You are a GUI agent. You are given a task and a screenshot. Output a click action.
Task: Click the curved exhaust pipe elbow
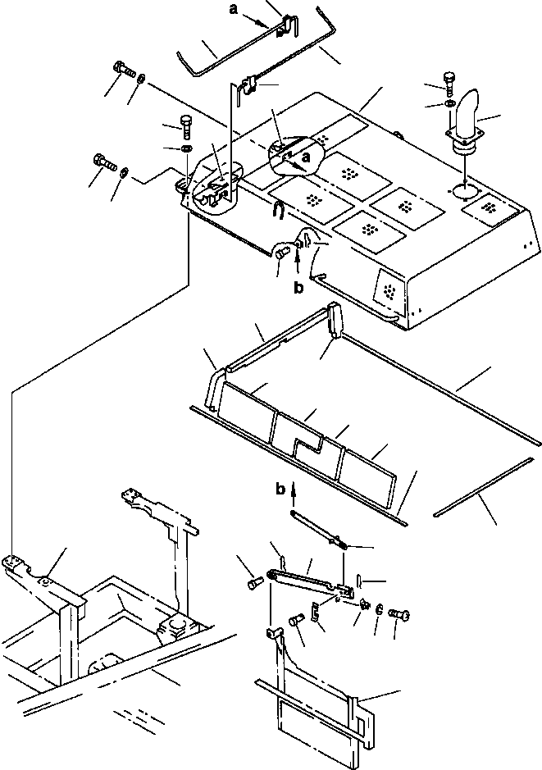468,110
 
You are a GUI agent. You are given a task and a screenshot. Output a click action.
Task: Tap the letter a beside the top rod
234,9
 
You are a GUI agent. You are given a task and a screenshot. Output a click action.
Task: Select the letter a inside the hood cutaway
307,157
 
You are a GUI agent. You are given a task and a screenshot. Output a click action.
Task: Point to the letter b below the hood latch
298,287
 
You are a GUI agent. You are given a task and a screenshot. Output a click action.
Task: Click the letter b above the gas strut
280,489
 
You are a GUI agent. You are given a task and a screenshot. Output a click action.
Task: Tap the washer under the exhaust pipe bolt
449,103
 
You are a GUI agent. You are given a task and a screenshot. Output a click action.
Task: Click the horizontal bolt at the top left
124,69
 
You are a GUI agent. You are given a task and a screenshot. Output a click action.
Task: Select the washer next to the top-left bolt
141,78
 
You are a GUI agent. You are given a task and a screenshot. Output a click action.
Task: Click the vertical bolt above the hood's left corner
186,127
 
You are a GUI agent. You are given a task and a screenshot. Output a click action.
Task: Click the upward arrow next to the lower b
294,494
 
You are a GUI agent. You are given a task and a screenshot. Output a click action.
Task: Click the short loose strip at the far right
484,486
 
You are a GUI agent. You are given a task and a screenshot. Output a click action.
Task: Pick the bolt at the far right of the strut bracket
399,613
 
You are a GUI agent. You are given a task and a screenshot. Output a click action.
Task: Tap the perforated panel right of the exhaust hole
490,208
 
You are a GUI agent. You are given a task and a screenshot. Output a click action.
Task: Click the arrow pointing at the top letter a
257,21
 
